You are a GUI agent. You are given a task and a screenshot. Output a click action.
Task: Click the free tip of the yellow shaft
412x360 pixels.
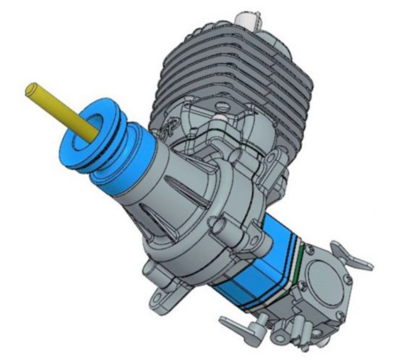click(x=31, y=89)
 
